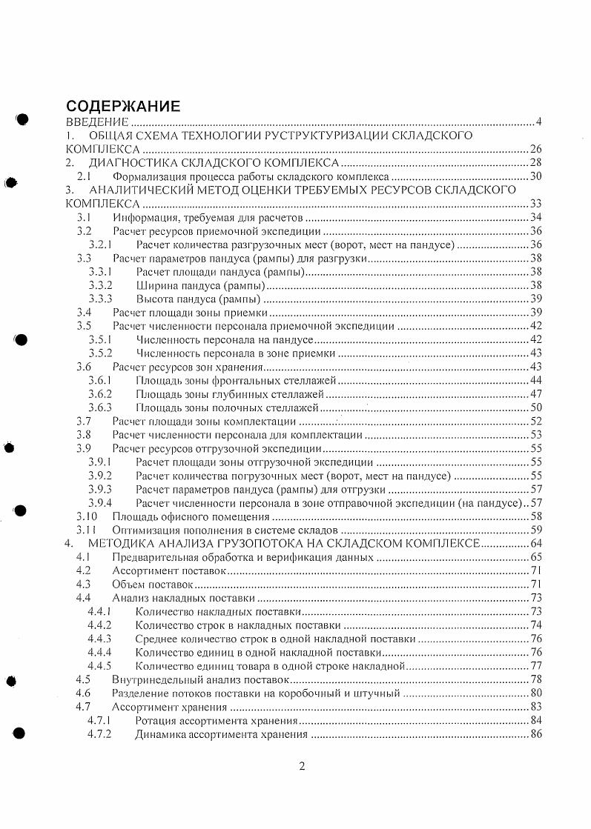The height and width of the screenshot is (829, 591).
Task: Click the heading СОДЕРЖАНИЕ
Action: [123, 105]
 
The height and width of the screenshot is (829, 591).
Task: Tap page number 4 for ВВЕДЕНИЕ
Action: [539, 121]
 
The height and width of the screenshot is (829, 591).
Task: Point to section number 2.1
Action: [85, 177]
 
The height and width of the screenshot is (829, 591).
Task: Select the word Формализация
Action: [148, 177]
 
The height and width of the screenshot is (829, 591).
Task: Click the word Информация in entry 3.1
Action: [141, 218]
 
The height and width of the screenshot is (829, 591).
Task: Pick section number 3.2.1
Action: [100, 244]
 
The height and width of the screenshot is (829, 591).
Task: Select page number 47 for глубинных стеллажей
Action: [536, 393]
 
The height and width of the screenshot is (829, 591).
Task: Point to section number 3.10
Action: [88, 516]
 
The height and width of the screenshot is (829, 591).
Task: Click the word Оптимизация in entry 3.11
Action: [144, 530]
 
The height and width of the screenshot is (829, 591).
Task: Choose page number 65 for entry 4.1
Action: [536, 557]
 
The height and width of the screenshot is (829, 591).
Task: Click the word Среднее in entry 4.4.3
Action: [157, 639]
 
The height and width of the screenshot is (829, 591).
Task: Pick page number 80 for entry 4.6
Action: [536, 693]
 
